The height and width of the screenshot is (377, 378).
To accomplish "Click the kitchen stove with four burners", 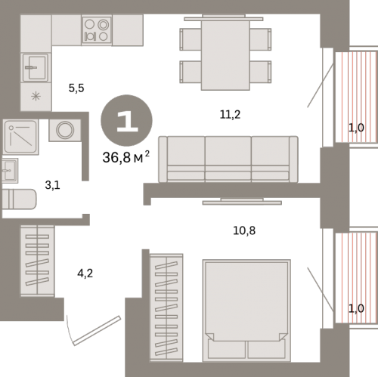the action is (x=97, y=31).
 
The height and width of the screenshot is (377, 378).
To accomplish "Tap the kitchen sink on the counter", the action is (x=36, y=67).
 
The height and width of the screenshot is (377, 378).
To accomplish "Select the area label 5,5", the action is (x=76, y=88).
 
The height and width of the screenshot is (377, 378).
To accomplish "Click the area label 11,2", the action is (x=230, y=115).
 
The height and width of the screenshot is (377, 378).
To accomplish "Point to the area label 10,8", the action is (x=244, y=230).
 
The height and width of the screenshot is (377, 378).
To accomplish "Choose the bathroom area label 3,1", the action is (x=52, y=185).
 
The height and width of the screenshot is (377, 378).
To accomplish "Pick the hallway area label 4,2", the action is (x=85, y=273).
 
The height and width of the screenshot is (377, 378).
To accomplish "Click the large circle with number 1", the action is (x=126, y=120).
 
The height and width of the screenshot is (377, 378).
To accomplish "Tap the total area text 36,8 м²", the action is (x=126, y=157).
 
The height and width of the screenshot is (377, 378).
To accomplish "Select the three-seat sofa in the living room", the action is (x=228, y=159).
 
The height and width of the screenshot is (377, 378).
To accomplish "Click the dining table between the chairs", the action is (x=225, y=55).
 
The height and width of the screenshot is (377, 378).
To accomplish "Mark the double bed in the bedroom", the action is (x=246, y=311).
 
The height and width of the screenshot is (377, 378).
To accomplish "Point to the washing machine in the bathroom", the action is (x=65, y=130).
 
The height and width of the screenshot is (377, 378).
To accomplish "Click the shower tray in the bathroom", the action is (x=20, y=137).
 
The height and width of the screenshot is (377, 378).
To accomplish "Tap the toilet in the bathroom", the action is (x=19, y=199).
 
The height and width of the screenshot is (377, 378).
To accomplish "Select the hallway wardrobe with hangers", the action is (x=37, y=261).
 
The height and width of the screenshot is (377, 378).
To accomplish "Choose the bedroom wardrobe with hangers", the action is (x=166, y=307).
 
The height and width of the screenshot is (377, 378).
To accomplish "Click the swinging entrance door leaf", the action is (x=97, y=331).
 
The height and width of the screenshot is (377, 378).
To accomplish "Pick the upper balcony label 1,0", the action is (x=356, y=128).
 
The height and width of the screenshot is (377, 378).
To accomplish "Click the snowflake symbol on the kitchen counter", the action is (x=36, y=96).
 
